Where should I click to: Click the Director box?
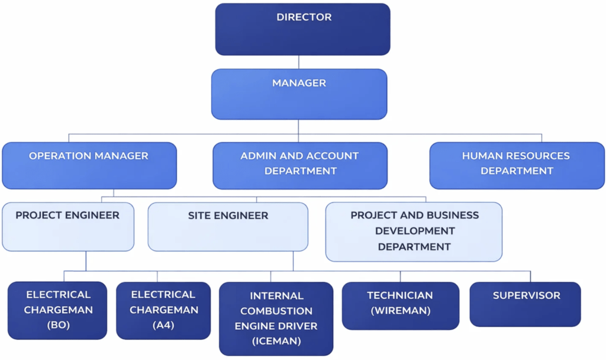click(302, 29)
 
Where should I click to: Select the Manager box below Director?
click(299, 94)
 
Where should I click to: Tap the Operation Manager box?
click(89, 165)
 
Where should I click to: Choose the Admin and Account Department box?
click(300, 165)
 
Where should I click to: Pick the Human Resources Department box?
click(516, 165)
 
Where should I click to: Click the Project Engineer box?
click(67, 226)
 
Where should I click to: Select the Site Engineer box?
click(228, 226)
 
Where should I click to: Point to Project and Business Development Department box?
click(414, 231)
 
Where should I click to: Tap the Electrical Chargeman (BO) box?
click(57, 310)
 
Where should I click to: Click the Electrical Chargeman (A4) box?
click(163, 310)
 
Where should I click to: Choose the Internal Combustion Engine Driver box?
click(276, 318)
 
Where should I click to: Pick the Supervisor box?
click(526, 304)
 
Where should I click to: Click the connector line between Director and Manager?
click(299, 62)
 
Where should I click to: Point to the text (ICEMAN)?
click(276, 341)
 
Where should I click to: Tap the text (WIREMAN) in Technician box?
click(400, 310)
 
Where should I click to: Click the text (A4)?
click(163, 326)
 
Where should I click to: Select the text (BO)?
click(58, 326)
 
